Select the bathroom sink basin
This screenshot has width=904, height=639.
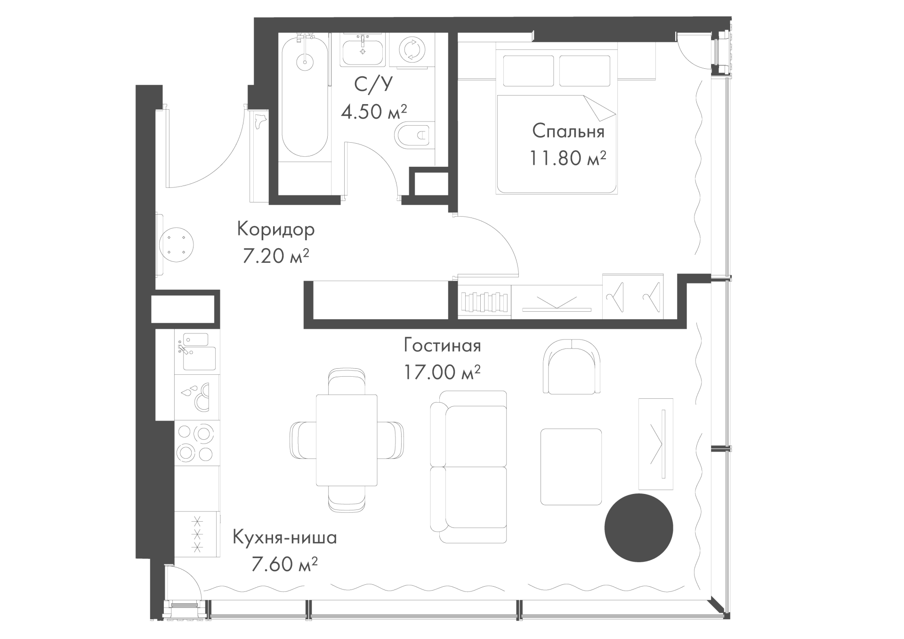click(363, 52)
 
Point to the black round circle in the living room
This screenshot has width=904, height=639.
click(638, 528)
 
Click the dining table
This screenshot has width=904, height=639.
click(347, 440)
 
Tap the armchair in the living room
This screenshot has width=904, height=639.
click(572, 366)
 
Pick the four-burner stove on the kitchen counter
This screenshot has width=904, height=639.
click(197, 443)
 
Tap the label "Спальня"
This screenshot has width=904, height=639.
click(568, 132)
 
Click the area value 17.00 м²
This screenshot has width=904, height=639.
click(442, 372)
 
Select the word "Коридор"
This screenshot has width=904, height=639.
click(276, 229)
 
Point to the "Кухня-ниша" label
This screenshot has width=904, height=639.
click(285, 537)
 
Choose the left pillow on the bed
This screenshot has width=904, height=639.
click(528, 71)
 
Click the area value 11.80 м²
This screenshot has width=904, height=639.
click(568, 158)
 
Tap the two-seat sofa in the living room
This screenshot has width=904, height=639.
click(468, 467)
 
